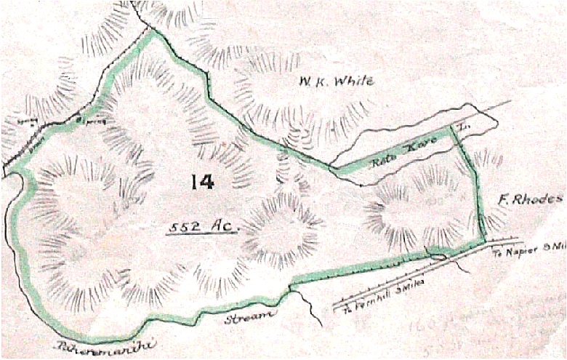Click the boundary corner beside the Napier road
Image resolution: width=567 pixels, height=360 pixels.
point(484,241)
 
